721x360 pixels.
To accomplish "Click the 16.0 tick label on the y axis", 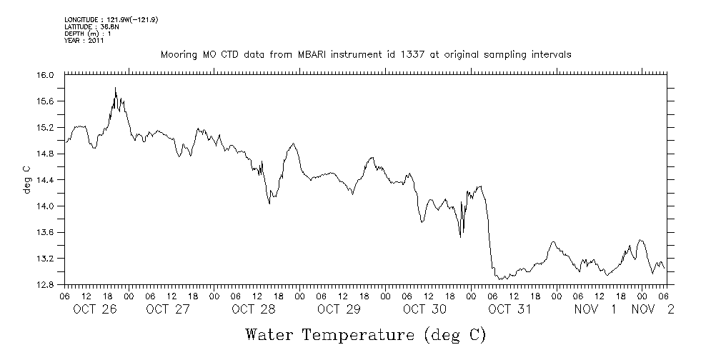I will click(x=46, y=75).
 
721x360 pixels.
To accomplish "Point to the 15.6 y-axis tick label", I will click(x=46, y=101).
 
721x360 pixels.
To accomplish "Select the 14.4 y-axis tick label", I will click(x=46, y=180).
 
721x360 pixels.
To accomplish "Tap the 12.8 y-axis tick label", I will click(x=46, y=284).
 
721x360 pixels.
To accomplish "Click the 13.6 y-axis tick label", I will click(x=46, y=232).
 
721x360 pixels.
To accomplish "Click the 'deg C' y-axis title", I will click(x=26, y=180).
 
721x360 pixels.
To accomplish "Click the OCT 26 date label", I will click(x=95, y=309).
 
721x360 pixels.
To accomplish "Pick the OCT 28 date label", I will click(x=253, y=309).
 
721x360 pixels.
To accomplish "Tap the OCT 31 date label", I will click(x=510, y=309).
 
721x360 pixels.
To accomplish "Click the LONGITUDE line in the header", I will click(x=111, y=20).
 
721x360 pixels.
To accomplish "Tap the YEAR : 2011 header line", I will click(x=84, y=41).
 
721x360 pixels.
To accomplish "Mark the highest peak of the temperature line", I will click(x=116, y=88).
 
